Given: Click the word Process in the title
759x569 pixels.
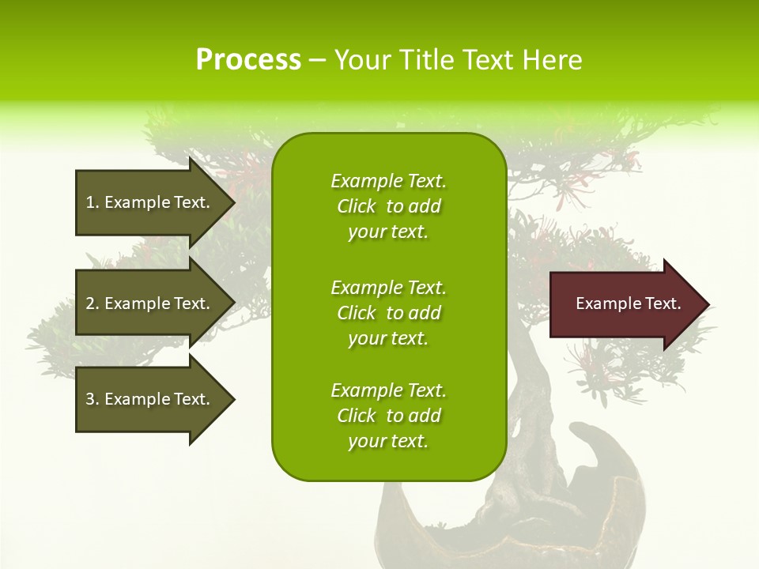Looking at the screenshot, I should (248, 60).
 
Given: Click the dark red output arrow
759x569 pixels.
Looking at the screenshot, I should (625, 304).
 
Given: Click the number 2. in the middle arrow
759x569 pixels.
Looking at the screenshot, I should (93, 303).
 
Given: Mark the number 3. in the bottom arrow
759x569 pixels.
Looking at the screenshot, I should (93, 399).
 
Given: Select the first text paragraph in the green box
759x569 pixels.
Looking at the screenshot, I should (388, 206).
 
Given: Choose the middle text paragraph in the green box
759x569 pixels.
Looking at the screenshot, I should (388, 313).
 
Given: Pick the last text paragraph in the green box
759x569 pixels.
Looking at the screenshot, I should (388, 416).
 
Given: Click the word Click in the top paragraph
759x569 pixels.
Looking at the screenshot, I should (357, 206).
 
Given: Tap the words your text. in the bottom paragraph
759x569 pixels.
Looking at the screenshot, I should (388, 441).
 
